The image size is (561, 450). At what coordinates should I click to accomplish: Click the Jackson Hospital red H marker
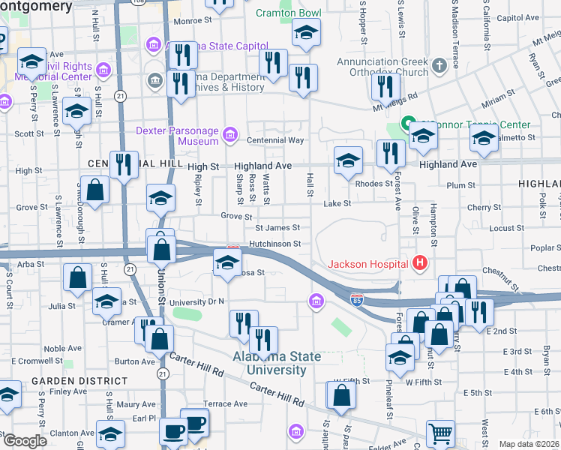tap(420, 263)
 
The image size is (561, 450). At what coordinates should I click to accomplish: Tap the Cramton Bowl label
tap(288, 13)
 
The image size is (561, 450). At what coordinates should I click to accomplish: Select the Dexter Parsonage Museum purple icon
tap(230, 136)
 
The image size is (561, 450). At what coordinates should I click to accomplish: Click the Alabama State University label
tap(269, 363)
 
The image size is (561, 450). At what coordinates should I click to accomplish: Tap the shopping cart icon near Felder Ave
tap(440, 433)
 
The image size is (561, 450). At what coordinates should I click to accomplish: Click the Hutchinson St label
tap(275, 244)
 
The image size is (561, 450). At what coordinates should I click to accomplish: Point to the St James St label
tap(277, 228)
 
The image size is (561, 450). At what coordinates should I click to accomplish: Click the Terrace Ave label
tap(225, 403)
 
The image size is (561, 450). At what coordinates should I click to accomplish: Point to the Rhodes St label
tap(373, 183)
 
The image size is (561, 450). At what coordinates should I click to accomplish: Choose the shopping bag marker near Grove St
tap(96, 191)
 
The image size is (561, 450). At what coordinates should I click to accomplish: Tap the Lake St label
tap(337, 203)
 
